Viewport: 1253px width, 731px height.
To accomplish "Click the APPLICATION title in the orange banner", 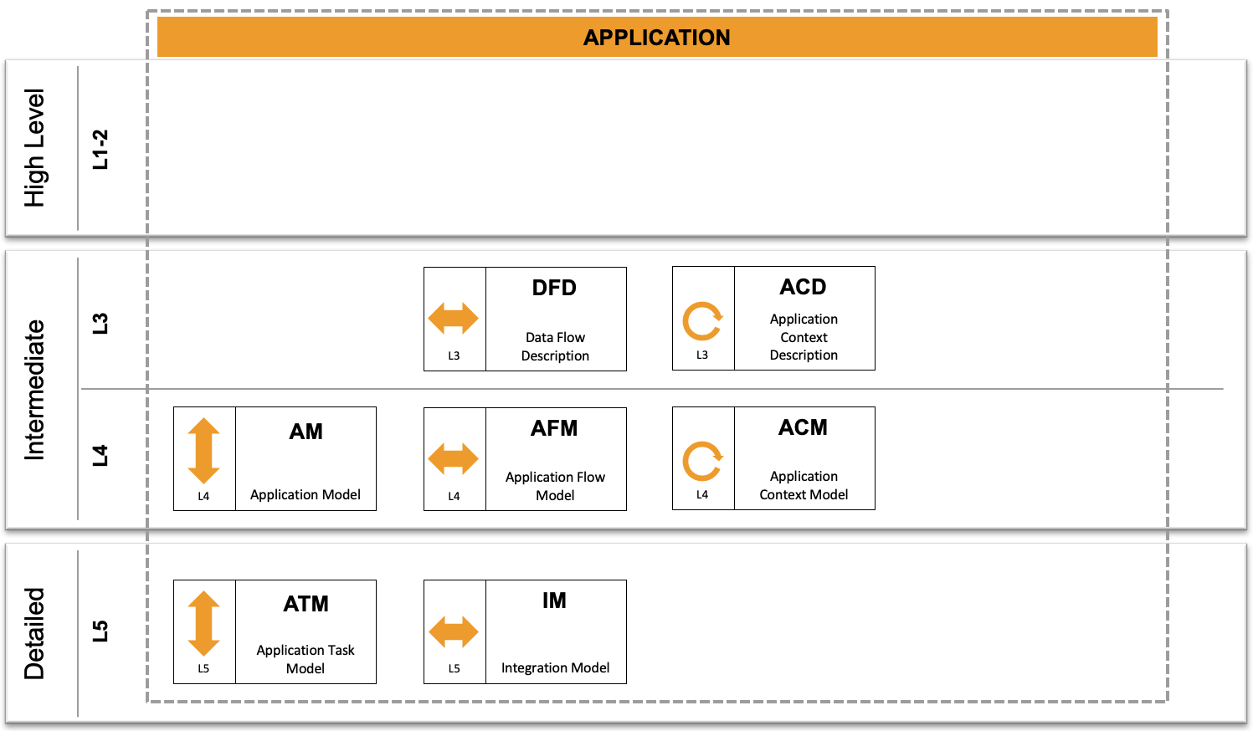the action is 657,38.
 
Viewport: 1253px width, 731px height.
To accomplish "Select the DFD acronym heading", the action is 554,288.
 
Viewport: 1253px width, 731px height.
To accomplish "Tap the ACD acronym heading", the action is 803,287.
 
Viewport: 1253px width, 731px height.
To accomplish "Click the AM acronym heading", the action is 306,432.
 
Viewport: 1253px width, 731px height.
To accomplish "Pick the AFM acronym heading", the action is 554,428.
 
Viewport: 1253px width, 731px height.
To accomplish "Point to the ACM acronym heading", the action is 803,427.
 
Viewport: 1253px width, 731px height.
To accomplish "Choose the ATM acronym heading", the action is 306,604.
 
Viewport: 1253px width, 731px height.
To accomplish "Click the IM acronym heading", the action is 554,601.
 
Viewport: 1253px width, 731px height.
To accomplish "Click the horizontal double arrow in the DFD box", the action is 453,318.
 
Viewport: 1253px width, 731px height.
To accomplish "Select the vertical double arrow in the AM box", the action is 203,451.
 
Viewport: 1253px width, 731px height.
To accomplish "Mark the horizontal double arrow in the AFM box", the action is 453,459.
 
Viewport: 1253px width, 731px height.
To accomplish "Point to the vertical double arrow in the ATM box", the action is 203,623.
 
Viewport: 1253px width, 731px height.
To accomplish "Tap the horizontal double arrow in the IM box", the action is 453,631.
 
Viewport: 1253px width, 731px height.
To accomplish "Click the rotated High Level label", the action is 34,148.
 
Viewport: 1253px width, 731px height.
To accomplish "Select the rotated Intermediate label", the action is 34,390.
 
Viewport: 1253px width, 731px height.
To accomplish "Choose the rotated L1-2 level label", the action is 100,150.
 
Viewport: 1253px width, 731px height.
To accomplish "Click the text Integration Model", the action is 556,667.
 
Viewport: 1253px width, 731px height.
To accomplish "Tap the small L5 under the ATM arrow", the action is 203,668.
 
